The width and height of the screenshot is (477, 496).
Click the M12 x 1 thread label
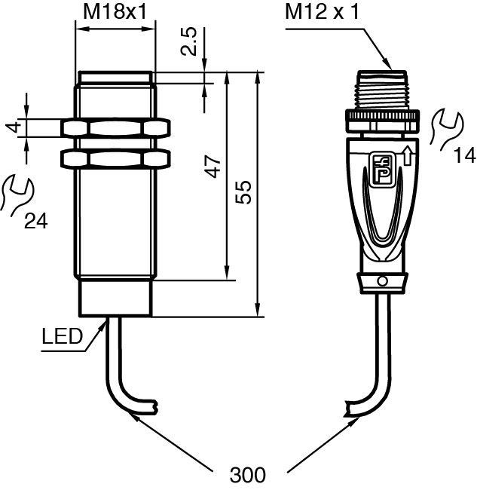click(x=323, y=12)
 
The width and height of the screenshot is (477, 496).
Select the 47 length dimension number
click(x=214, y=167)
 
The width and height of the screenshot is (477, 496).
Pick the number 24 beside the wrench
click(x=36, y=221)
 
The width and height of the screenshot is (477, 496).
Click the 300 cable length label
click(x=248, y=476)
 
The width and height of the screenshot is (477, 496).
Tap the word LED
click(x=62, y=337)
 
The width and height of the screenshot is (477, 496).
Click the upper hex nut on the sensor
click(x=115, y=127)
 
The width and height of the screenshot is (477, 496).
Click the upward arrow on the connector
click(x=407, y=156)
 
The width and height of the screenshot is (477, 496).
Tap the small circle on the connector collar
click(x=383, y=282)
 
